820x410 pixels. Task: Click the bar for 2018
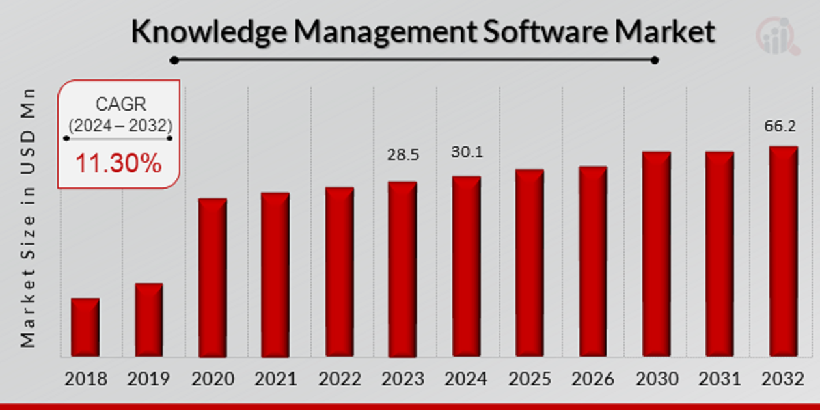[85, 327]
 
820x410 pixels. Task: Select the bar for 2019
[149, 320]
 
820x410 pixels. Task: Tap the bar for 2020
[213, 278]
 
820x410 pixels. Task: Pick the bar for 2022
[340, 272]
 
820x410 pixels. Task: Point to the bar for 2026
[593, 262]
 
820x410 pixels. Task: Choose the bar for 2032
[783, 251]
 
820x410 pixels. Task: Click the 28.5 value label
[403, 155]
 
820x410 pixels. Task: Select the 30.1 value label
[467, 152]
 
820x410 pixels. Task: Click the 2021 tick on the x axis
[275, 379]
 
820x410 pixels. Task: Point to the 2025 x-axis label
[529, 379]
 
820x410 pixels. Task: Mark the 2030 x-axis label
[657, 379]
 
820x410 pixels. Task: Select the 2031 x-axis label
[720, 379]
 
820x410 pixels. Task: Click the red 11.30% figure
[118, 164]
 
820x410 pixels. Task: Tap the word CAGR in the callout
[121, 104]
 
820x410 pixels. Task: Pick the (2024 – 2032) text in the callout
[121, 124]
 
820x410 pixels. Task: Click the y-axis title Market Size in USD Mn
[28, 218]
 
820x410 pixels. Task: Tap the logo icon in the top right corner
[778, 36]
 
